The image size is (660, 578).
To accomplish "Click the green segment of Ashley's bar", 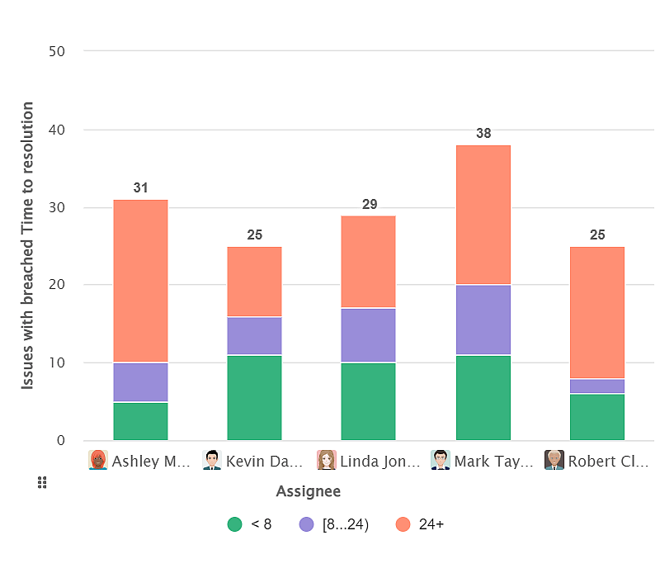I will [x=140, y=421].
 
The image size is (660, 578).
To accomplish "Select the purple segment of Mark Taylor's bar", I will [x=483, y=320].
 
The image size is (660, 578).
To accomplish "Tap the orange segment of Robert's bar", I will [x=597, y=312].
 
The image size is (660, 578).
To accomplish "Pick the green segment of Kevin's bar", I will [x=254, y=398].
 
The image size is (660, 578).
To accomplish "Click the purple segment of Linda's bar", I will [x=368, y=335].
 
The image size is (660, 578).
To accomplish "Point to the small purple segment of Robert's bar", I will [x=597, y=386].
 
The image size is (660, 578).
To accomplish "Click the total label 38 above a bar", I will [x=483, y=134].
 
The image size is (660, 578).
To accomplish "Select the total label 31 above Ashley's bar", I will [x=140, y=188].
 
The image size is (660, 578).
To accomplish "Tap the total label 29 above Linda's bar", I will [x=368, y=204].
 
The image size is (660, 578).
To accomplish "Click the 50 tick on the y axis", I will [x=57, y=51].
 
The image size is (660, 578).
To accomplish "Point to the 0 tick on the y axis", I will [x=60, y=440].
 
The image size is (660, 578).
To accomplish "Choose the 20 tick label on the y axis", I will [x=57, y=285].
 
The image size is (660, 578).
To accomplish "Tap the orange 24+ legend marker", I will [x=403, y=524].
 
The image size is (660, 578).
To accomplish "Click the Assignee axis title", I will [x=308, y=492].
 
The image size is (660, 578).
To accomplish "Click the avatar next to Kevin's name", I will [x=212, y=461].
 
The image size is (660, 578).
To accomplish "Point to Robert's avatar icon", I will [x=554, y=461].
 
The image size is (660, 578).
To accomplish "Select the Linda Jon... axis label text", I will [x=380, y=461].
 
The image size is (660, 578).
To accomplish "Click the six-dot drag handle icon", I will [x=42, y=483].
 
